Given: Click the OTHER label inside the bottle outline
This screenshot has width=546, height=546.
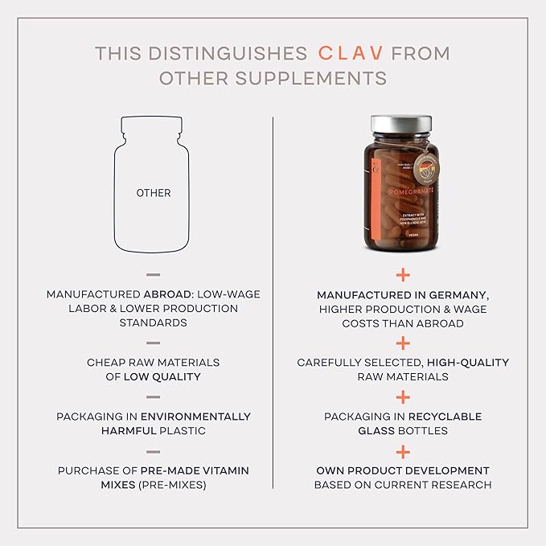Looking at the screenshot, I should pos(153,193).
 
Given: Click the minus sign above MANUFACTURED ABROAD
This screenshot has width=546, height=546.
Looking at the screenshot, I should pos(153,275).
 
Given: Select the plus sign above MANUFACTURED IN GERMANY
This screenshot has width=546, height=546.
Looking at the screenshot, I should pos(402,274).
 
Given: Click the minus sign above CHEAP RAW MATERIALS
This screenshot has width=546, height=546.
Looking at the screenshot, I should pos(153,343).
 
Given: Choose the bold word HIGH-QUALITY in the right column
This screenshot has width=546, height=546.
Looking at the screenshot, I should pos(468,363).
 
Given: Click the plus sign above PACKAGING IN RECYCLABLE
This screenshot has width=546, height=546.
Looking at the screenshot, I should pos(402,397).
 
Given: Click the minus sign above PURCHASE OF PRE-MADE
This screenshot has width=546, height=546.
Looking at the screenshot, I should pos(153,451).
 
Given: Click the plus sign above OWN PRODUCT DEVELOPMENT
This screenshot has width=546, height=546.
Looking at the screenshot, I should pos(402,452).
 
